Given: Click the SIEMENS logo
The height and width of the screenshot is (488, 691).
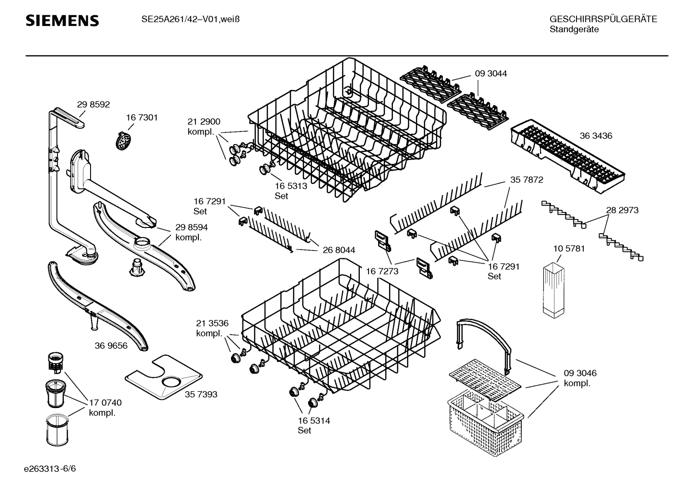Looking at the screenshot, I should click(62, 21).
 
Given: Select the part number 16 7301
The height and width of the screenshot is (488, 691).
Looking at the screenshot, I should click(142, 117).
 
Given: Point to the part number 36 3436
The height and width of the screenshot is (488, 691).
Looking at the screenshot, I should click(596, 136).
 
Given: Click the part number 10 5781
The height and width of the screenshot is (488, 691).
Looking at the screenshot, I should click(569, 249).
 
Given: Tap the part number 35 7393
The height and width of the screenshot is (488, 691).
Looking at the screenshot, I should click(201, 394).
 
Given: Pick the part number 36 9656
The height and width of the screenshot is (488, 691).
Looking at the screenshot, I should click(111, 345).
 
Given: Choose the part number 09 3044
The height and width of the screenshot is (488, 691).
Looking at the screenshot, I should click(491, 74).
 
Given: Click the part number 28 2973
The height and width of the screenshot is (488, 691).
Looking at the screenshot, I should click(622, 210).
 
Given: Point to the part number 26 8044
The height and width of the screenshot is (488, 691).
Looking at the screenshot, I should click(339, 250).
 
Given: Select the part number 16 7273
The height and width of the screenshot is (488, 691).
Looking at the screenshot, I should click(382, 271).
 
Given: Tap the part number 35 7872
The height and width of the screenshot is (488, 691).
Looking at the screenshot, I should click(527, 180).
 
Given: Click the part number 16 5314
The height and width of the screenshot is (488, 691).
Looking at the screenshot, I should click(314, 420).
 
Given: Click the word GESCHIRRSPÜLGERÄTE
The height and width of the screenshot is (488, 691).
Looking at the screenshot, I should click(603, 19).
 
